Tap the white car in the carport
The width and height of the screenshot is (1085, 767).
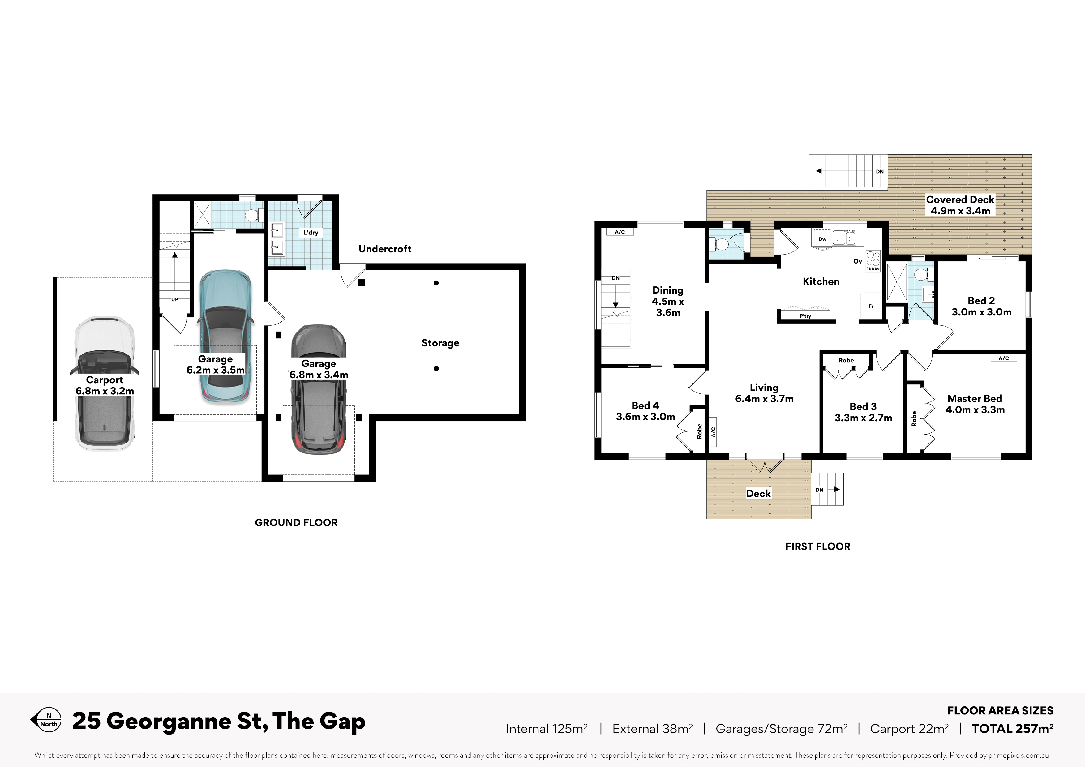(105, 383)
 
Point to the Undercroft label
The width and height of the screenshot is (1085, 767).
(385, 249)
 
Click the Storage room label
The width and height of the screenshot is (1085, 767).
(440, 343)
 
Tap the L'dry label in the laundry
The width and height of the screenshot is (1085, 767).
(311, 233)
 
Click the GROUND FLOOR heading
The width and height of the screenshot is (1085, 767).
(296, 523)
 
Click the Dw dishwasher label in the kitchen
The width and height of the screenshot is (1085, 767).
(822, 239)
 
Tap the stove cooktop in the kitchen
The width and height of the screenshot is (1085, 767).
(873, 261)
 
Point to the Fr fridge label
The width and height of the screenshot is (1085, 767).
(871, 306)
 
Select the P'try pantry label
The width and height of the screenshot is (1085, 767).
(805, 316)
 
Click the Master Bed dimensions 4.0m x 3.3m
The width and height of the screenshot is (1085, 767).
(975, 410)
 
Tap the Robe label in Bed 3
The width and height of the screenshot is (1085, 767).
(846, 360)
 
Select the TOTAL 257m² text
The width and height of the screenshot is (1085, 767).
(1012, 729)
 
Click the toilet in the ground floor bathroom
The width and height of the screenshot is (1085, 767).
(253, 216)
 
